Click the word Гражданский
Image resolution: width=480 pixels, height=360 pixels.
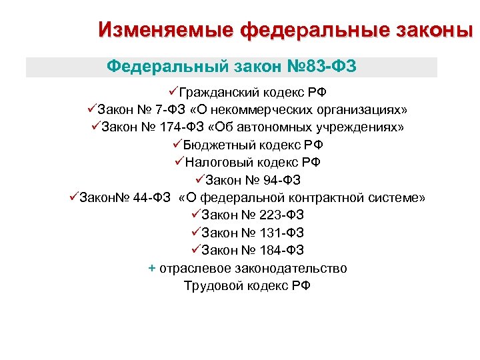tap(213, 92)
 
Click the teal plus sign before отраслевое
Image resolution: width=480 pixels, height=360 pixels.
tap(152, 269)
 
